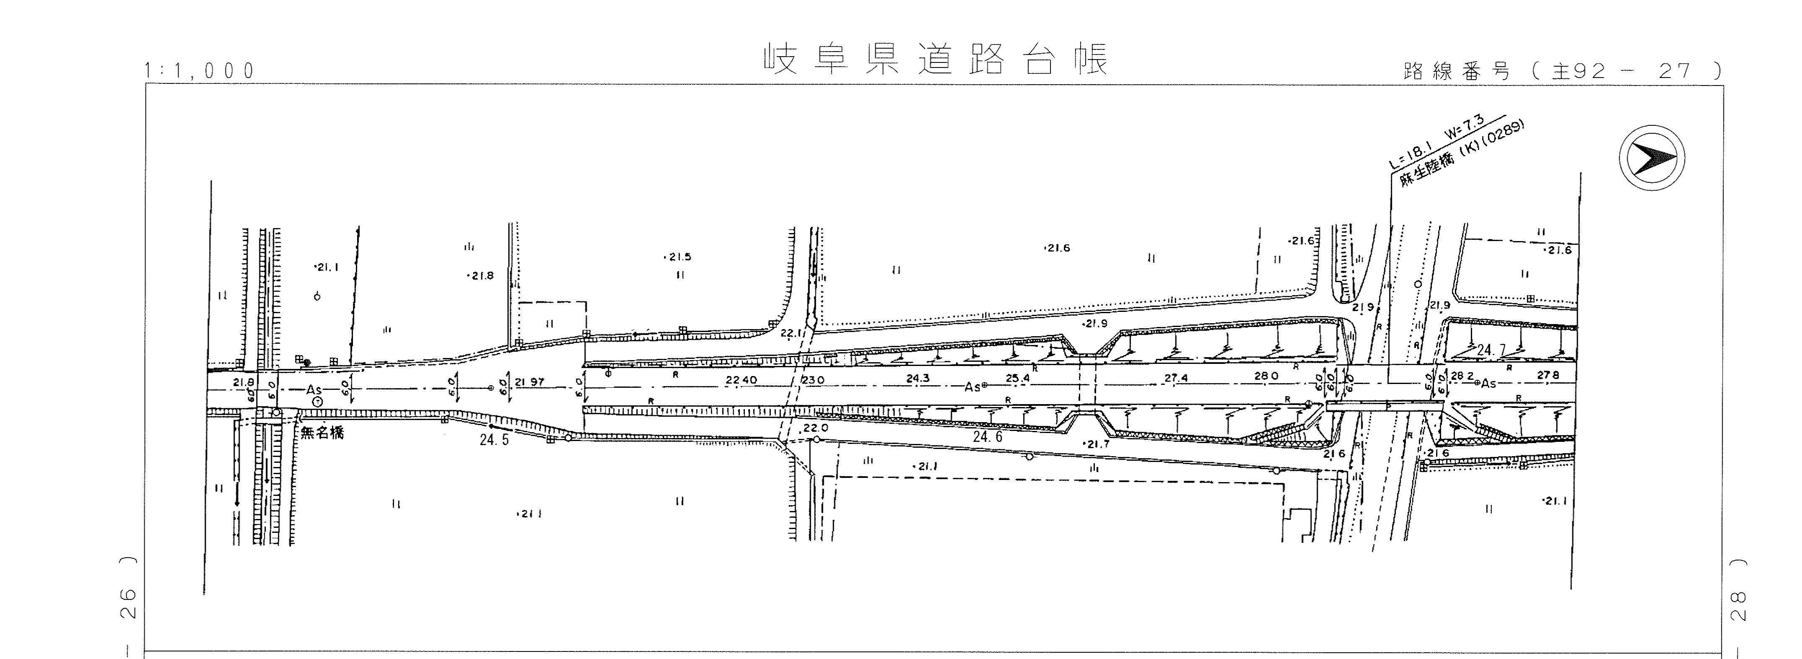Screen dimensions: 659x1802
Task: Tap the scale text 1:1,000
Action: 200,71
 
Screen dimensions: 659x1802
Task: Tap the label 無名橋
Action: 322,433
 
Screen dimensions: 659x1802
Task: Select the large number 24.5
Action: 495,441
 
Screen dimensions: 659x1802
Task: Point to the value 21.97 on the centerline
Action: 529,382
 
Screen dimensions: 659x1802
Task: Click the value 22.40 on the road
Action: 742,380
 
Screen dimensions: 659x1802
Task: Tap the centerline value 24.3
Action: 918,379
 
